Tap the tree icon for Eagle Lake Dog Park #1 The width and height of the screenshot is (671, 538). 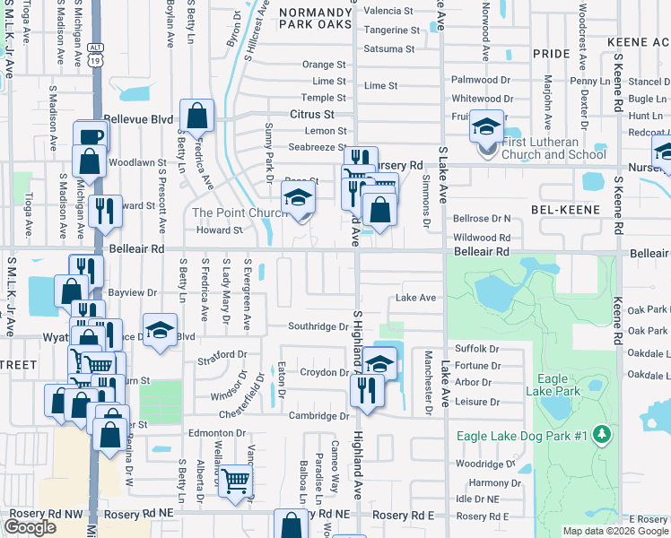[603, 435]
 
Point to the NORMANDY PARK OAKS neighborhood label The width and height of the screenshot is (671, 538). [315, 20]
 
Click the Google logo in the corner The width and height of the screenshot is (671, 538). [30, 527]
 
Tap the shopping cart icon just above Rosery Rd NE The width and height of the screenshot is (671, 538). [235, 481]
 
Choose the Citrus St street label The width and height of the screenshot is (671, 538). [311, 115]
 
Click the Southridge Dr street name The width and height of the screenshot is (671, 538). [318, 326]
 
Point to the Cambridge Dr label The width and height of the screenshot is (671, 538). [318, 416]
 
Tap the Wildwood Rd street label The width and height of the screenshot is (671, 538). [482, 238]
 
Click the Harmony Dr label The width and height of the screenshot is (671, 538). [488, 482]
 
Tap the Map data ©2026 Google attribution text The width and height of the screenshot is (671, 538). [615, 531]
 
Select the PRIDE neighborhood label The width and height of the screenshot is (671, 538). [551, 54]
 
